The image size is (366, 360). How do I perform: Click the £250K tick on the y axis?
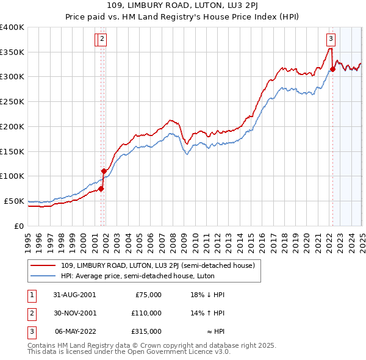click(x=12, y=102)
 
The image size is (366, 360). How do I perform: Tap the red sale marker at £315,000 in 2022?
click(x=332, y=70)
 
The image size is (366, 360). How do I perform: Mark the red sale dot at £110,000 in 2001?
click(x=104, y=171)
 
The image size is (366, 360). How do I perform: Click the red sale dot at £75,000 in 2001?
click(x=101, y=189)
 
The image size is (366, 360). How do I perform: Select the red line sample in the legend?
click(x=44, y=265)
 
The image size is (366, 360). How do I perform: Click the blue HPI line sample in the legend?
click(x=44, y=275)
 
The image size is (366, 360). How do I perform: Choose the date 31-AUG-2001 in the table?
click(x=75, y=295)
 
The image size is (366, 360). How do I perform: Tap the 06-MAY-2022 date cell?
click(x=75, y=331)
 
